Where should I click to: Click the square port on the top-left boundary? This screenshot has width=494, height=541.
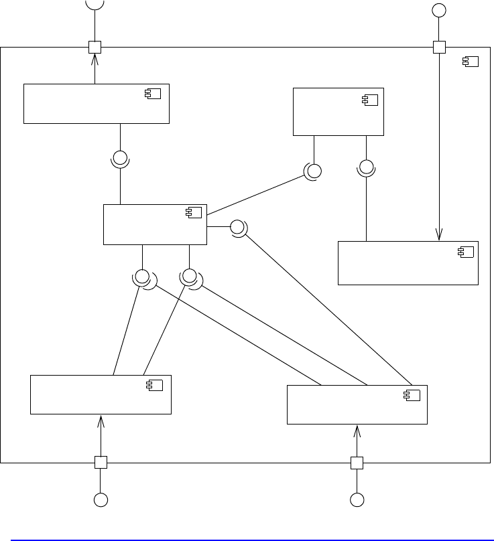coord(95,47)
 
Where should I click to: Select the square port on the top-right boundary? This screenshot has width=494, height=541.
coord(439,47)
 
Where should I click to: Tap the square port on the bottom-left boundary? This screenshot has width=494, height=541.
coord(101,462)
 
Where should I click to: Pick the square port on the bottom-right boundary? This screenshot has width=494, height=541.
coord(357,462)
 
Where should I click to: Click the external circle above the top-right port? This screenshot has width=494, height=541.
coord(439,10)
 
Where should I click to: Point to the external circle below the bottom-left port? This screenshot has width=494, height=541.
coord(101,499)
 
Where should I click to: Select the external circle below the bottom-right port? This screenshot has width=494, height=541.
coord(357,499)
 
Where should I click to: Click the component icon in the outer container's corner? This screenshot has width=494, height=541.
coord(471,62)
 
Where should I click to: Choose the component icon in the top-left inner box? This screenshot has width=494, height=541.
coord(153,93)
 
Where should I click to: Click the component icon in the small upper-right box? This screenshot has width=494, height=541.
coord(370,100)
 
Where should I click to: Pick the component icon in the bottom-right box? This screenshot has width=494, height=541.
coord(412,395)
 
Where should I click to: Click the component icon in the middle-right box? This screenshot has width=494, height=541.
coord(465,251)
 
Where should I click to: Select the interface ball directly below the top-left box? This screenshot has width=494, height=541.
coord(120,159)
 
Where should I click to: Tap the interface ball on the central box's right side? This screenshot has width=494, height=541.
coord(237,227)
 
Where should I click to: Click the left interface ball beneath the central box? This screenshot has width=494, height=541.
coord(142,276)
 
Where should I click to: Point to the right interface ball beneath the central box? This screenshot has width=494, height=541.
coord(190,275)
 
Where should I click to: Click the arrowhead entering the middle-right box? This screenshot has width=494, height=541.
coord(439,235)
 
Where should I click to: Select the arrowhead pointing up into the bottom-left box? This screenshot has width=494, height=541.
coord(101,420)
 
